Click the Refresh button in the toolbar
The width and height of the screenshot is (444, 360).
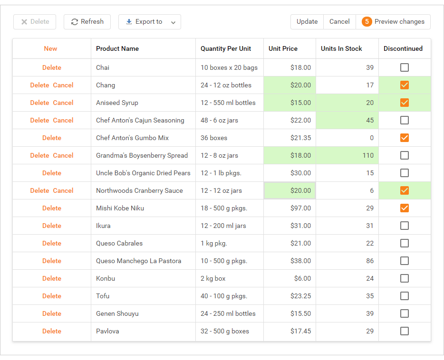[x=87, y=22]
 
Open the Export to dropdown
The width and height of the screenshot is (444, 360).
[x=149, y=22]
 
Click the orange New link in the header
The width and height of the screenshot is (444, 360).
[x=50, y=48]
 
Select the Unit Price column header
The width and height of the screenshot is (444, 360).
[x=283, y=48]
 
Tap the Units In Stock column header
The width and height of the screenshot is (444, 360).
[x=341, y=48]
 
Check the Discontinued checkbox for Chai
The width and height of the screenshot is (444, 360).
[x=405, y=67]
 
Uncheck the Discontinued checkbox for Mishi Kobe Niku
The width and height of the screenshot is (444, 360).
[x=405, y=208]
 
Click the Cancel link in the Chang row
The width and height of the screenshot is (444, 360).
[x=63, y=85]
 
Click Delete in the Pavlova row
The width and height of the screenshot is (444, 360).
[x=52, y=331]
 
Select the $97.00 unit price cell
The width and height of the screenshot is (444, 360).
[x=301, y=208]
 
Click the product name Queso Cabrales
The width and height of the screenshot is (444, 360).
[x=119, y=243]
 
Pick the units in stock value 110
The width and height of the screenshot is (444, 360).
[x=368, y=155]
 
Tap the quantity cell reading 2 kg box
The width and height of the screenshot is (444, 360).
[x=213, y=278]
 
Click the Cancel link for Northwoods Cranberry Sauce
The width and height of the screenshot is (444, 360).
[x=63, y=190]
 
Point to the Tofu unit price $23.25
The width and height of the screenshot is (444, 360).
[x=301, y=296]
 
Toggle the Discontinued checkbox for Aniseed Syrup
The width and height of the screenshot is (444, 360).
[x=405, y=103]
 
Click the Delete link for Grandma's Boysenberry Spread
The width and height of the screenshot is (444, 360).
[x=39, y=155]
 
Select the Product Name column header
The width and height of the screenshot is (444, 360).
[x=117, y=48]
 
